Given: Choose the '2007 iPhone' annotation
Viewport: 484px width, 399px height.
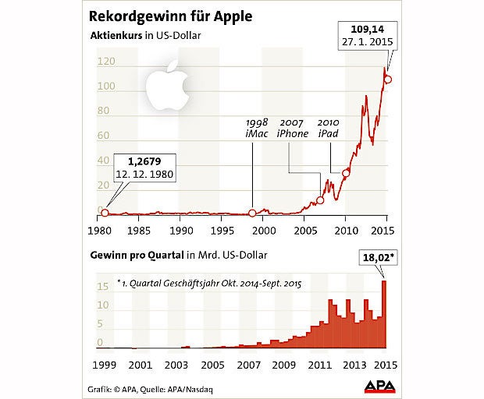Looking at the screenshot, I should pyautogui.click(x=293, y=129).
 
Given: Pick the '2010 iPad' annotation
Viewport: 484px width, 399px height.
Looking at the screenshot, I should pyautogui.click(x=329, y=129).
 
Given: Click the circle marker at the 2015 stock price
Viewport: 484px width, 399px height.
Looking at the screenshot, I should pyautogui.click(x=388, y=79).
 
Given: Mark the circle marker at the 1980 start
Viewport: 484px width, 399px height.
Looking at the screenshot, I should pyautogui.click(x=105, y=212).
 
